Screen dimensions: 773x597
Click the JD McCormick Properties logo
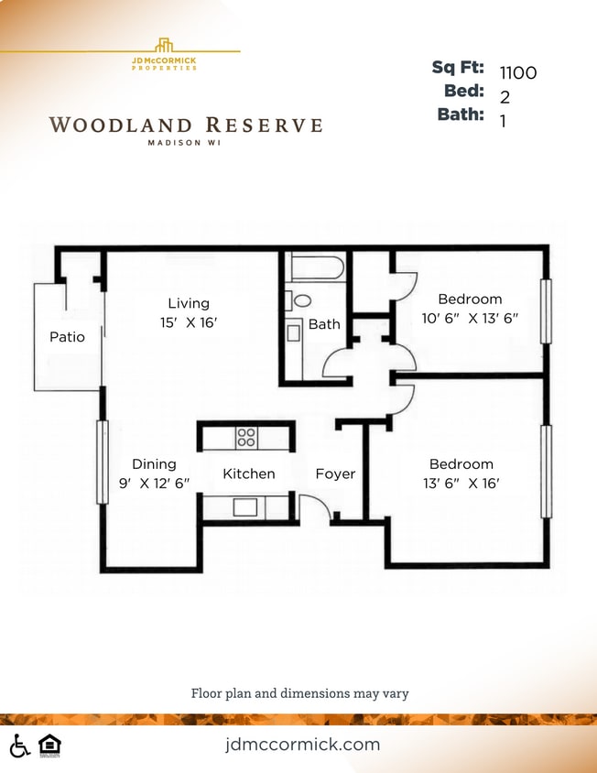pos(164,54)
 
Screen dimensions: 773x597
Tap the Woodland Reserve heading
pos(185,125)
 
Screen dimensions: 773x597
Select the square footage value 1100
pos(518,73)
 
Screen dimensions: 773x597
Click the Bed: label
pos(464,92)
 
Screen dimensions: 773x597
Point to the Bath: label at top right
pos(461,115)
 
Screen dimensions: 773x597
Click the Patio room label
pos(67,337)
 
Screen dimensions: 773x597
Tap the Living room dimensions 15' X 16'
pos(188,322)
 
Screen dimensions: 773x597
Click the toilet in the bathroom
pos(298,300)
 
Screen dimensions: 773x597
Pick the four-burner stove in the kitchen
pos(246,437)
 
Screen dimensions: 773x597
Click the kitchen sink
pos(244,506)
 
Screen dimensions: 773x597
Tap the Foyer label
pos(335,474)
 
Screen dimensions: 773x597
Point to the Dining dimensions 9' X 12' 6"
pos(154,484)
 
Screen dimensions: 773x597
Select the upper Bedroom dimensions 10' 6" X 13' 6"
pos(470,319)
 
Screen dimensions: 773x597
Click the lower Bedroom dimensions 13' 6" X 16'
pos(461,484)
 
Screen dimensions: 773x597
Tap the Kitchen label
pos(249,474)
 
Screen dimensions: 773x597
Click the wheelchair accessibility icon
pos(19,746)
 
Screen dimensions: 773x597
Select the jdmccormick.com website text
pos(302,744)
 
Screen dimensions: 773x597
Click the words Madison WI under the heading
pos(185,142)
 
